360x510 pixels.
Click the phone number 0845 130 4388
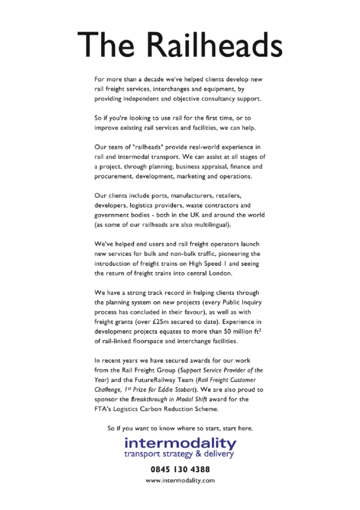tap(180, 469)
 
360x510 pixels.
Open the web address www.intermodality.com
tap(180, 481)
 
